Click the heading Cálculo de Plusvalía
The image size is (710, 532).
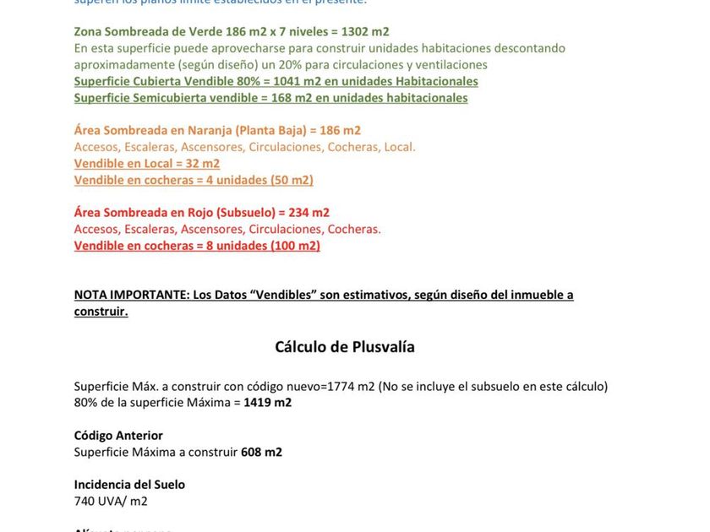tap(345, 347)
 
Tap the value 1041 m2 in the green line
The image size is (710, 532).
tap(297, 81)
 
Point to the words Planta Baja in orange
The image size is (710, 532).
tap(273, 130)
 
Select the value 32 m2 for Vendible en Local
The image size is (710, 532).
tap(202, 163)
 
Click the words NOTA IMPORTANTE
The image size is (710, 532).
tap(131, 295)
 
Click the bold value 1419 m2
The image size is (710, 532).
tap(267, 403)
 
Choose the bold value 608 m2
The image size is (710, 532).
tap(261, 452)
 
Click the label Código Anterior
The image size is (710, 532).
tap(118, 436)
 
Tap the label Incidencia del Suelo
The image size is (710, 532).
tap(129, 485)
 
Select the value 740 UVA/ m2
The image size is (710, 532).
tap(111, 502)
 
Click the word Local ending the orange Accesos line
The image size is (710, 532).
tap(399, 147)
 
